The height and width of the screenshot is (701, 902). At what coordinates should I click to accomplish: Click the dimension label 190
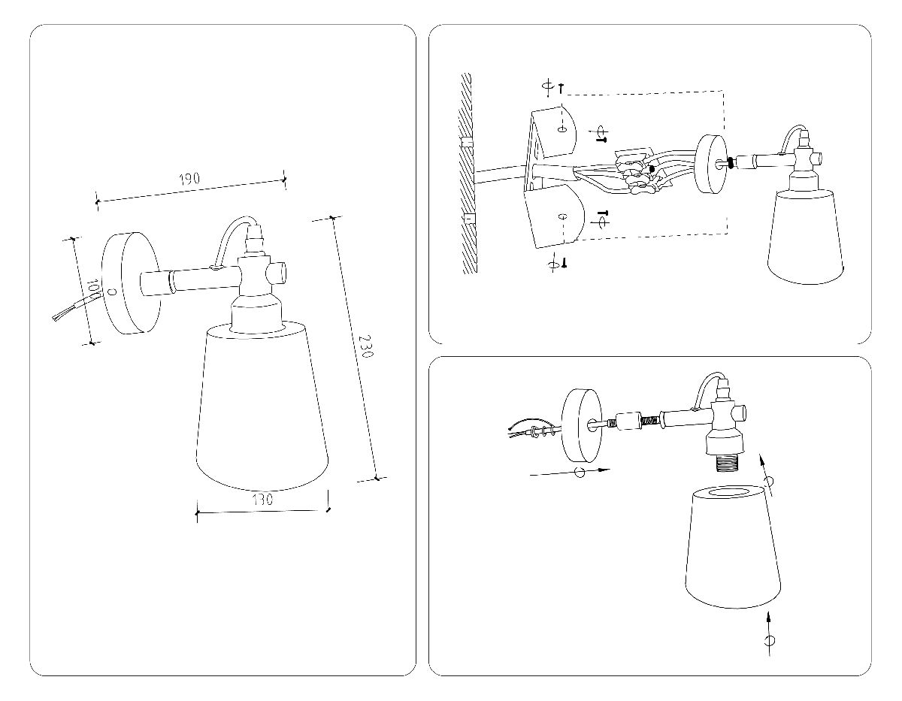(x=189, y=179)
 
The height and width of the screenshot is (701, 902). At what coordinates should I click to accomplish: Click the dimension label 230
(x=365, y=347)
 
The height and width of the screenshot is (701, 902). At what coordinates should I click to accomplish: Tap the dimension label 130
(x=262, y=500)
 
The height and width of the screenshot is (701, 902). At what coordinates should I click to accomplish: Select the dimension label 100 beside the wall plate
(x=92, y=289)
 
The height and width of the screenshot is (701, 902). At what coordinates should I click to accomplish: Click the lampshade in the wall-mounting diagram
(x=804, y=237)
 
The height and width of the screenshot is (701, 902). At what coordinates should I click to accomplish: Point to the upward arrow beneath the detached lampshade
(x=768, y=631)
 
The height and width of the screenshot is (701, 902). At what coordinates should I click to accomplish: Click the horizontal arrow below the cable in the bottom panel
(x=571, y=473)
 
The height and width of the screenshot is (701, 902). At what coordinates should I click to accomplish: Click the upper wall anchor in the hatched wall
(x=467, y=142)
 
